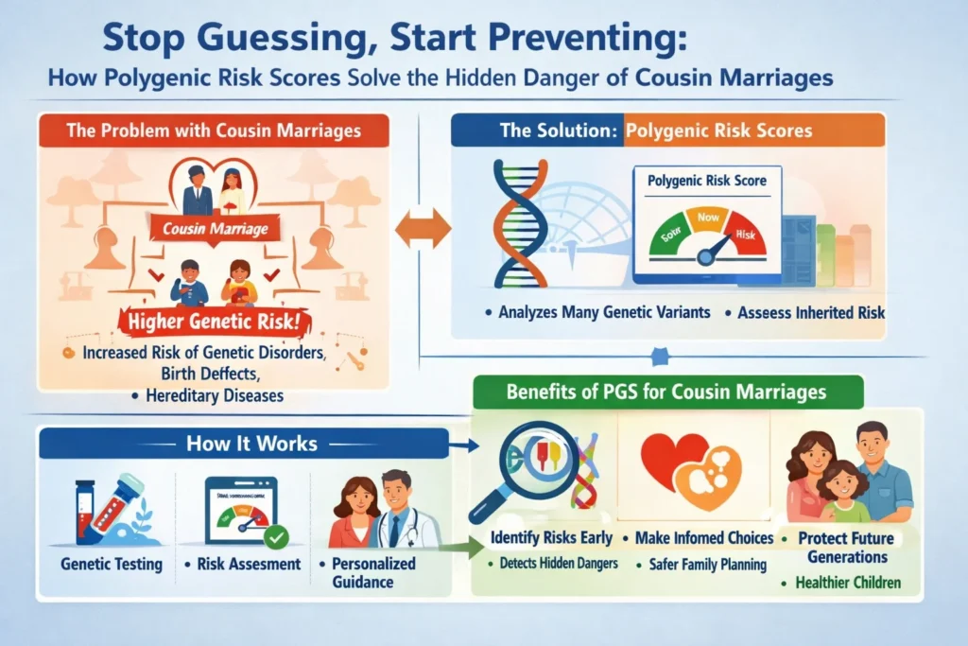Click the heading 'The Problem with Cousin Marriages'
click(214, 131)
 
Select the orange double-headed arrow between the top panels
click(423, 229)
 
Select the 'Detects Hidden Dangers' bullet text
click(555, 565)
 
